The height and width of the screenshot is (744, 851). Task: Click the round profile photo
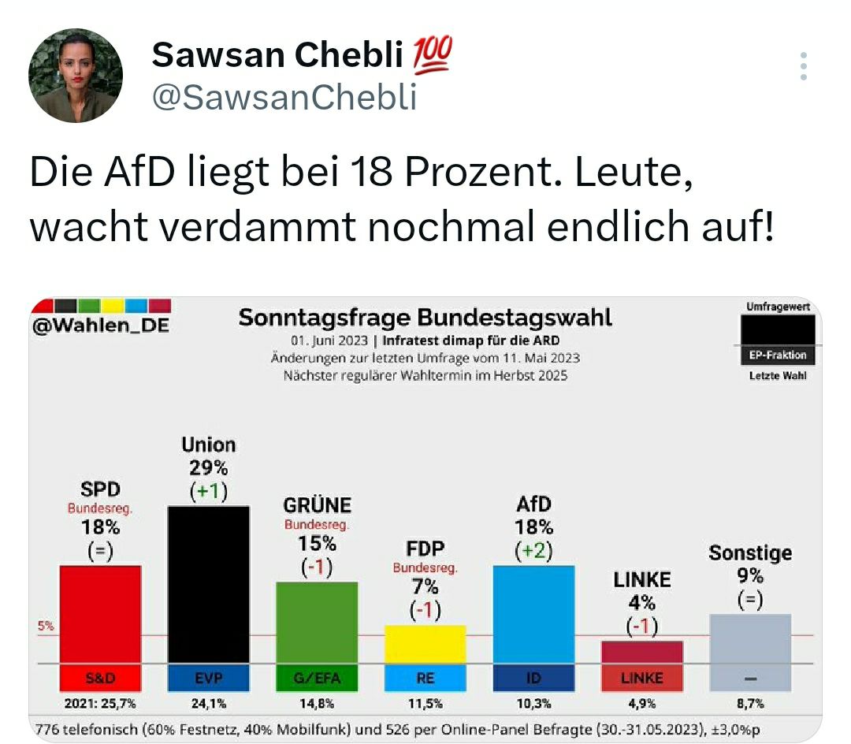(x=75, y=76)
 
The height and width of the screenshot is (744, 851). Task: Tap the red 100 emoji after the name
(x=433, y=54)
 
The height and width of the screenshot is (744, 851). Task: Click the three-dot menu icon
(x=803, y=67)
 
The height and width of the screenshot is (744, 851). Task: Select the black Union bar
(x=209, y=583)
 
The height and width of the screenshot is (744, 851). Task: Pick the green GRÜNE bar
(x=317, y=622)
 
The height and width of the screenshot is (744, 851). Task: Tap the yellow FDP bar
(x=425, y=643)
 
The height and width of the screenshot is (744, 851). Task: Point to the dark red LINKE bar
(x=641, y=651)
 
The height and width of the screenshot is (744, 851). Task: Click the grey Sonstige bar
(x=750, y=638)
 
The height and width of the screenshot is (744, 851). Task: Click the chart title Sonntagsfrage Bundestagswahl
(x=425, y=318)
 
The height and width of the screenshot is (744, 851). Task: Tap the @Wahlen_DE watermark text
(x=101, y=325)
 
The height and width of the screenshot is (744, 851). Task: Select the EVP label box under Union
(x=209, y=677)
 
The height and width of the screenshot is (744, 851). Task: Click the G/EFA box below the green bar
(x=317, y=677)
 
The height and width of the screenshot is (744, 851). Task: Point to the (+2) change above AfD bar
(x=533, y=552)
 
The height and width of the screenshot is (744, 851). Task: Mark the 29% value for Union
(x=209, y=467)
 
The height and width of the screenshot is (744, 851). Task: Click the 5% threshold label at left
(x=46, y=627)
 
